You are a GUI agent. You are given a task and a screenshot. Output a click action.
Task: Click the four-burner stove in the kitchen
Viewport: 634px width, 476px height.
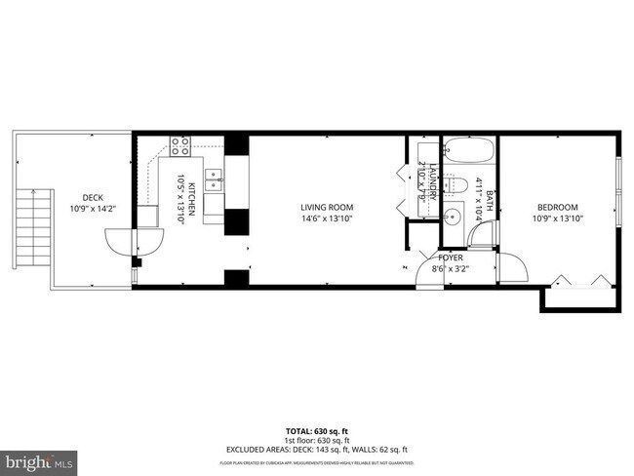pos(180,146)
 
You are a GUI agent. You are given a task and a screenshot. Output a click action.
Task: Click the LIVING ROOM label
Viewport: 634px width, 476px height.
pos(326,207)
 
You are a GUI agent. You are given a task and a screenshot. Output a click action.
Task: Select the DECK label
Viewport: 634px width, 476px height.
pos(93,197)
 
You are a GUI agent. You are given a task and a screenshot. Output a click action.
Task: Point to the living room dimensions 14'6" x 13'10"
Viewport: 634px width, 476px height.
pos(326,219)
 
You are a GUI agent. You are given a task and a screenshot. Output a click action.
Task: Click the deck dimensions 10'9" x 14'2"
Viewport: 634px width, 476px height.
pos(93,209)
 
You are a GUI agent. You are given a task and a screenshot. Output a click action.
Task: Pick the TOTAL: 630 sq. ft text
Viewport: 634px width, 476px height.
pos(317,430)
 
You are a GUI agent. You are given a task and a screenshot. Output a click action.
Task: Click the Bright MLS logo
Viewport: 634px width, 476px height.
pos(39,457)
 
